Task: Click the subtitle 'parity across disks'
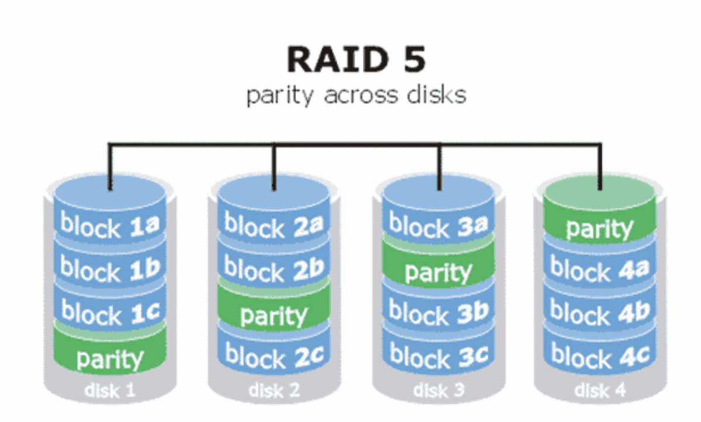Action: tap(356, 95)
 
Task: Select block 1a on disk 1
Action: tap(110, 225)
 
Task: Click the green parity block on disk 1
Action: tap(110, 357)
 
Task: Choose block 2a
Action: tap(274, 225)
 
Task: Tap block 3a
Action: tap(438, 225)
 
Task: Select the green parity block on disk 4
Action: tap(599, 228)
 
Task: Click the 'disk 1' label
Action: tap(110, 390)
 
